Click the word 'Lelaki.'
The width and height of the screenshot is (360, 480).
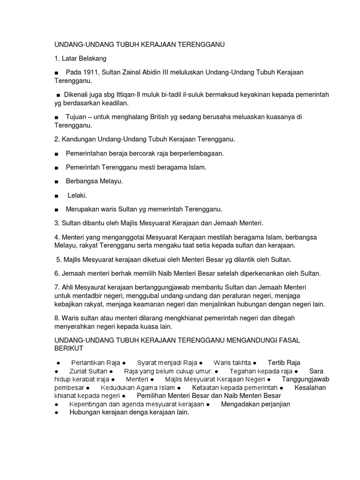(x=77, y=195)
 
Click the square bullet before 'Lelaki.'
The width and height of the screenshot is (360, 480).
(x=56, y=195)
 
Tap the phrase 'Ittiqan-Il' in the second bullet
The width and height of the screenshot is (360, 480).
(x=135, y=95)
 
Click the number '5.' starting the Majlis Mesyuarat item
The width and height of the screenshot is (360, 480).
(x=59, y=259)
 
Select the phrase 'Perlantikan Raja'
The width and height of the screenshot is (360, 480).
(x=95, y=363)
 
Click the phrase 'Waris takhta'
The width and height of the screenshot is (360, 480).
(x=232, y=363)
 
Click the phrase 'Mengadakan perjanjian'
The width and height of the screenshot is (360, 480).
(x=255, y=404)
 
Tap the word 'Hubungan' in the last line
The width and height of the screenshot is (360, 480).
(x=84, y=412)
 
